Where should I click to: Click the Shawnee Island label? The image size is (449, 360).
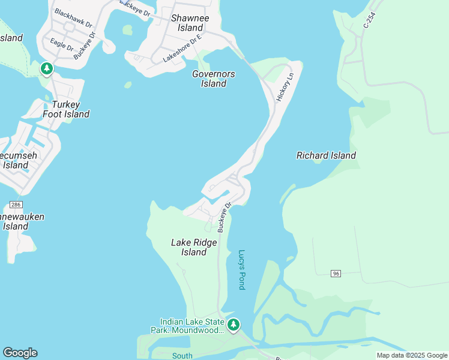pos(187,23)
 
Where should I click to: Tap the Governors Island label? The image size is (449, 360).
pos(213,79)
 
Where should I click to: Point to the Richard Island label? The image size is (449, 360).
pos(326,155)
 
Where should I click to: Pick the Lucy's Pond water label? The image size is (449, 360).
pos(242,269)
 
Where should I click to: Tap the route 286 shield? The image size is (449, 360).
pos(16,205)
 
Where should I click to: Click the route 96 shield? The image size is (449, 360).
pos(336,274)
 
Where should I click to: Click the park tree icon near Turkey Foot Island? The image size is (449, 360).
pos(47,69)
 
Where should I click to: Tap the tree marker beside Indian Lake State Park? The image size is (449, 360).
pos(234,325)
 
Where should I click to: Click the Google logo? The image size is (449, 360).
pos(20,353)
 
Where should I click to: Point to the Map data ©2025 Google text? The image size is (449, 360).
pos(412,355)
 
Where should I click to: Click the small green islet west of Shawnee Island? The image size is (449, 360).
pos(127,29)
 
